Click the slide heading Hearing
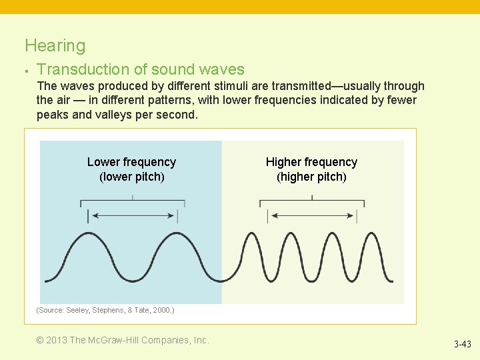[55, 46]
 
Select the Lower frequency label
[131, 162]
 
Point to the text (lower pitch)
[131, 177]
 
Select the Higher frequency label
[311, 162]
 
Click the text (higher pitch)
[311, 177]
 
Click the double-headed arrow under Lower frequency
[132, 215]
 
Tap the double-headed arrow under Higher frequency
[312, 215]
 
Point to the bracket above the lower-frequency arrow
[132, 201]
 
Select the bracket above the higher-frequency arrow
[312, 201]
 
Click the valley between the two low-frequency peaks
[132, 279]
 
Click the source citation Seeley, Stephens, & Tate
[105, 311]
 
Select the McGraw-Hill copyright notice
[123, 340]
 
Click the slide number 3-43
[462, 345]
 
